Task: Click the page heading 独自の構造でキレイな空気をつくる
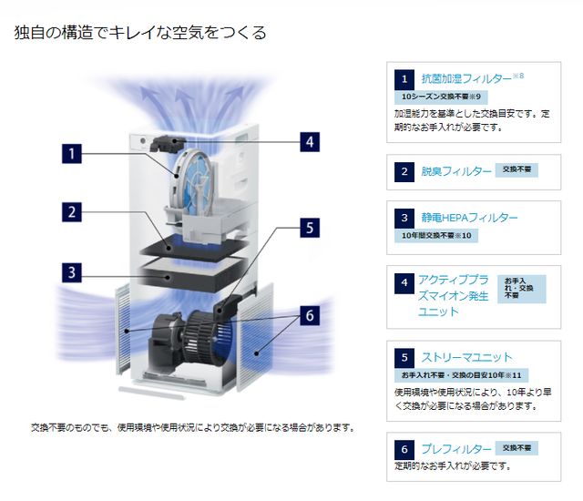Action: pos(140,33)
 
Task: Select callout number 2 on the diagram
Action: pos(73,212)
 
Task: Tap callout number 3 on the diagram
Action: pos(73,271)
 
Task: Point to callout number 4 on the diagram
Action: pos(310,141)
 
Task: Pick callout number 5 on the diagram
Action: pos(310,227)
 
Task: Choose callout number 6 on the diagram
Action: pos(310,315)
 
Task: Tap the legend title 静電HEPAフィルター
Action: pos(468,219)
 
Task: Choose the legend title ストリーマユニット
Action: pos(465,357)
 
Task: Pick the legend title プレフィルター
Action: pos(455,449)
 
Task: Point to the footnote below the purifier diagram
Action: pos(192,427)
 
